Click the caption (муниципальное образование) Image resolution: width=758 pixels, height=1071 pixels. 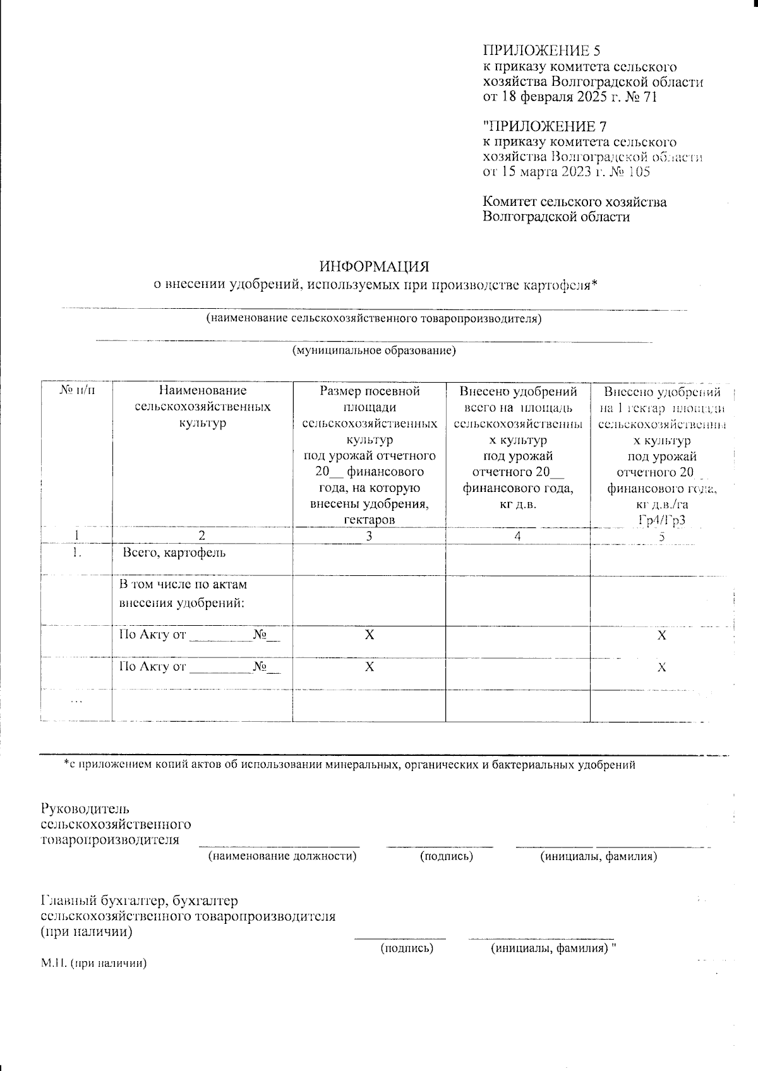pyautogui.click(x=373, y=350)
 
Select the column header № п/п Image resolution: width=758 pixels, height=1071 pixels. pyautogui.click(x=76, y=392)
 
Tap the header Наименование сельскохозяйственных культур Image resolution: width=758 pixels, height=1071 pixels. pyautogui.click(x=202, y=407)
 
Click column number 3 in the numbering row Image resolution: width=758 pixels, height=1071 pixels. pyautogui.click(x=369, y=536)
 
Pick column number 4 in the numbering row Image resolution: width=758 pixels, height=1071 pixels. pyautogui.click(x=517, y=536)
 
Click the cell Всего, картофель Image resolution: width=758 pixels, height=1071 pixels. pyautogui.click(x=174, y=553)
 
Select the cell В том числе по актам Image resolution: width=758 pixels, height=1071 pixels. pyautogui.click(x=183, y=585)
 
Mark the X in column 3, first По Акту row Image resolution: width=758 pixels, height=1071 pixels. pyautogui.click(x=369, y=635)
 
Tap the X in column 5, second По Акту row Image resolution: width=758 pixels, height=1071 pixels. pyautogui.click(x=661, y=667)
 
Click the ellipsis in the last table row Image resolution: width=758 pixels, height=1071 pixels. pyautogui.click(x=76, y=700)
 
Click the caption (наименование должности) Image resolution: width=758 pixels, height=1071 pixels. pyautogui.click(x=282, y=856)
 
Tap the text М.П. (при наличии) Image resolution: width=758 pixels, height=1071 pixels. pyautogui.click(x=93, y=964)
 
